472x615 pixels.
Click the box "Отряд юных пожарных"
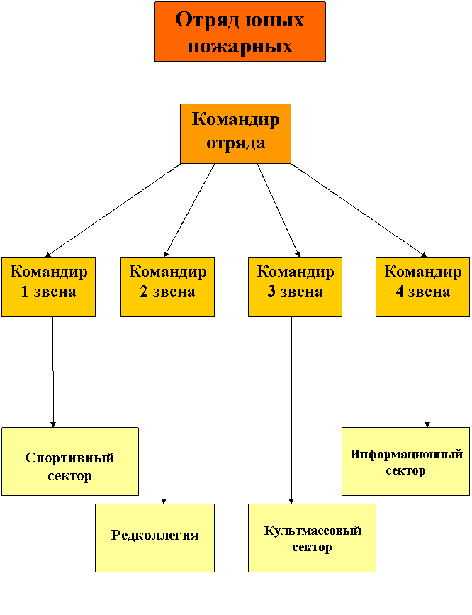click(240, 32)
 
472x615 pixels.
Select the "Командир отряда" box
click(235, 133)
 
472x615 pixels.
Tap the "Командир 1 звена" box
click(48, 287)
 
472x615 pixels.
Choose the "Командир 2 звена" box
click(167, 287)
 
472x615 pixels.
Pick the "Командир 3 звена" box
click(295, 287)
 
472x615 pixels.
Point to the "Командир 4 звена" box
click(422, 287)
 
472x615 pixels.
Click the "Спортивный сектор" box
click(69, 461)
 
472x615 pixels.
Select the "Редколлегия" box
click(154, 537)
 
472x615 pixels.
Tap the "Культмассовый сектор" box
click(312, 537)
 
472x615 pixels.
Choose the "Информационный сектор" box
click(406, 461)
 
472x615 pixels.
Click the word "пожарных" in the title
click(240, 46)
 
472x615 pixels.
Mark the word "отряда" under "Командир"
click(235, 143)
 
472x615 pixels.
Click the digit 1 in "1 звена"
click(25, 292)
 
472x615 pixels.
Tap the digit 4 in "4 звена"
click(400, 292)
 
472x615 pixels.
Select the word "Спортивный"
click(69, 458)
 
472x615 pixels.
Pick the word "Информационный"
click(406, 454)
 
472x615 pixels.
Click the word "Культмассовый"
click(312, 531)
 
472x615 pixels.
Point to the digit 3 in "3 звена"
click(271, 292)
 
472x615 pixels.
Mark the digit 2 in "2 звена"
click(144, 292)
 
